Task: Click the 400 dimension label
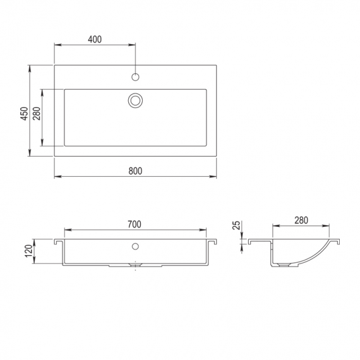95,40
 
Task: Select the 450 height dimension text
25,114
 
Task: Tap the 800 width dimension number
135,171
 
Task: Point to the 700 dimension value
135,224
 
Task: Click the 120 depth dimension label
29,251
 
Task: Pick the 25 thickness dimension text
236,225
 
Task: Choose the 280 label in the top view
37,114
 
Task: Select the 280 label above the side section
301,220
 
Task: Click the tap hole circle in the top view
135,77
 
